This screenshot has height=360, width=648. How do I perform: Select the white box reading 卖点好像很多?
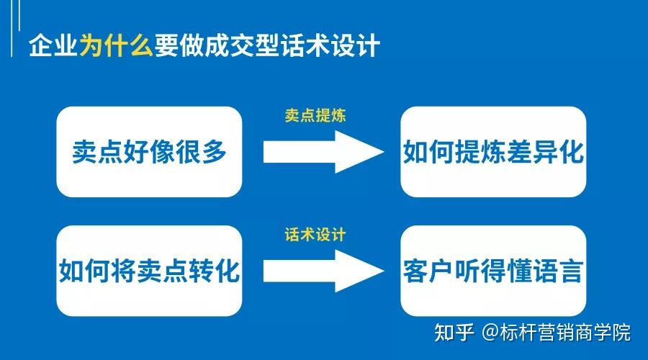pos(149,152)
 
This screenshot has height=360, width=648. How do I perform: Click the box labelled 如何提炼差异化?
pos(492,152)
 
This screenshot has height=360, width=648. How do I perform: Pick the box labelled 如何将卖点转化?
pos(149,271)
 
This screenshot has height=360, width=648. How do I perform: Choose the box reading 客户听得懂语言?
pos(492,271)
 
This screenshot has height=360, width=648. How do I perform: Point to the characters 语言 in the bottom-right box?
pos(558,271)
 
